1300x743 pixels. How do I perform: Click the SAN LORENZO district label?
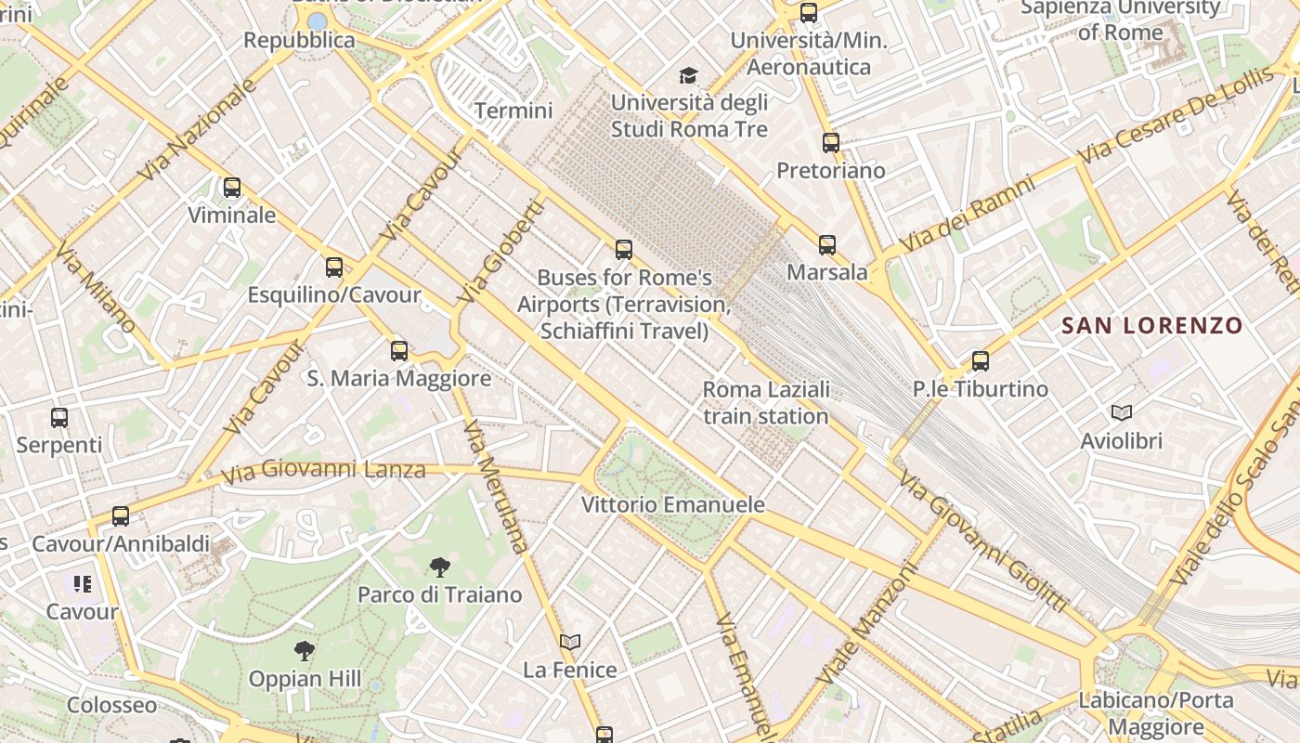(x=1151, y=325)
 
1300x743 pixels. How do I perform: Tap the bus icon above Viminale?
(x=232, y=188)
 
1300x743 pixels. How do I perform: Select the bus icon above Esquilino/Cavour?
(x=334, y=267)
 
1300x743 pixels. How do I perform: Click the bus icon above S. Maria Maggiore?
(x=399, y=350)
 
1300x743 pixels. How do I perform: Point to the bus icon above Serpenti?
(x=59, y=417)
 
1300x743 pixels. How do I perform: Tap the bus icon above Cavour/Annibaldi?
(x=121, y=515)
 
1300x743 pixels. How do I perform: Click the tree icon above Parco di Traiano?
(x=440, y=567)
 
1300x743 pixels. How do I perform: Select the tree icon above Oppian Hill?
(x=304, y=650)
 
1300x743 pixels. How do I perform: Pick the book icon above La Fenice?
(x=570, y=642)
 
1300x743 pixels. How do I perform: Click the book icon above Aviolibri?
(x=1122, y=412)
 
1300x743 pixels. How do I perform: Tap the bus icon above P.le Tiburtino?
(x=981, y=360)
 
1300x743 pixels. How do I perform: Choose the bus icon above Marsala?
(x=827, y=245)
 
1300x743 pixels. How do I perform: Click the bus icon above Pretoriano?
(x=831, y=143)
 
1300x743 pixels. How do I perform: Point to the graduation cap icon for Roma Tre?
(x=688, y=75)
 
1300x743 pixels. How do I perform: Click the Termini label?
(x=513, y=111)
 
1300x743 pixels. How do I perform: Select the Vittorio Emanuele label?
(x=672, y=504)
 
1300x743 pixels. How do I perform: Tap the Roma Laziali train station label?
(x=766, y=402)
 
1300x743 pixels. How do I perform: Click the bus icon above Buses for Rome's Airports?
(x=624, y=249)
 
